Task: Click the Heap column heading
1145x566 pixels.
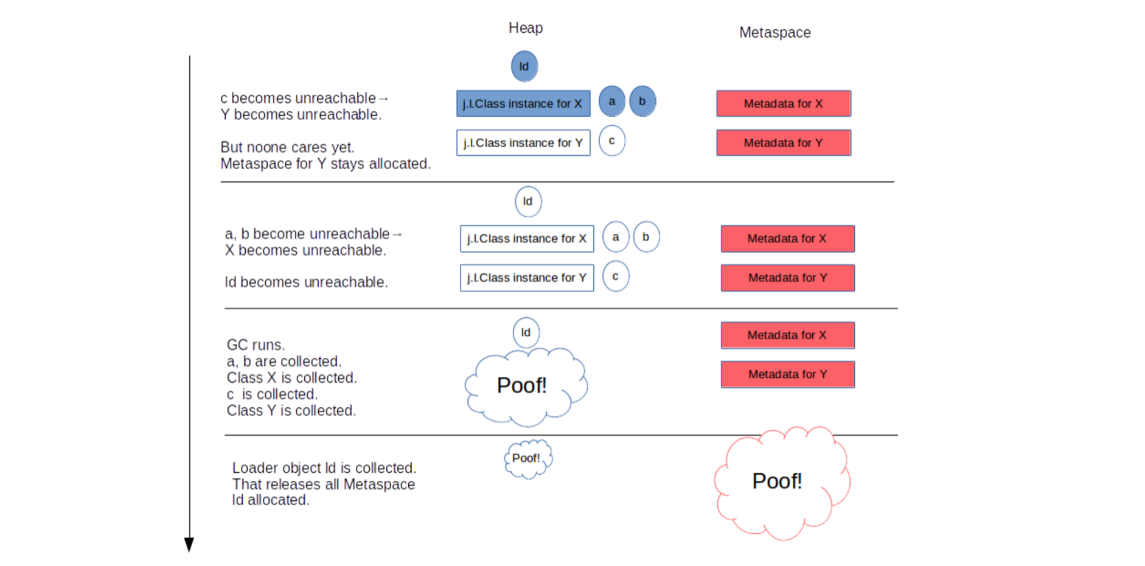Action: point(526,28)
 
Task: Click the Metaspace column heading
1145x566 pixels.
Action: point(774,32)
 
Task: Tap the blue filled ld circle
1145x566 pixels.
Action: point(524,66)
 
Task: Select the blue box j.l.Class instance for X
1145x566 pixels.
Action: point(523,103)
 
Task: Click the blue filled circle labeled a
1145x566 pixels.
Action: point(612,101)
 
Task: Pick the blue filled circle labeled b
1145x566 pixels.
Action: point(642,101)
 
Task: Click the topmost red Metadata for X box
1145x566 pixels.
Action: point(784,103)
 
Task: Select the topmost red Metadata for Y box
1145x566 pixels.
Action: point(784,143)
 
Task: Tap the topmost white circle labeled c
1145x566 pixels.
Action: point(612,141)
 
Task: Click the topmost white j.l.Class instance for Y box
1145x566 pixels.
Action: point(523,143)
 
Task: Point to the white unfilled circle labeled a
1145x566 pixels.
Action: point(616,237)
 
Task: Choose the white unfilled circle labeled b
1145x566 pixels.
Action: point(646,237)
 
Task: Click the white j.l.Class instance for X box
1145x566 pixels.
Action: point(527,239)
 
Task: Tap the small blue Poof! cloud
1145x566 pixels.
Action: point(527,459)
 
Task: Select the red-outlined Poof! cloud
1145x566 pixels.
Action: point(779,482)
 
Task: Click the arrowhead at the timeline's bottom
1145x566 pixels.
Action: point(189,544)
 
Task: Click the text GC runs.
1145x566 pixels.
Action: point(256,345)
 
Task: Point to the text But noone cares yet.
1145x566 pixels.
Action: point(287,147)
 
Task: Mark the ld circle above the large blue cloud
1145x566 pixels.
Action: point(526,332)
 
